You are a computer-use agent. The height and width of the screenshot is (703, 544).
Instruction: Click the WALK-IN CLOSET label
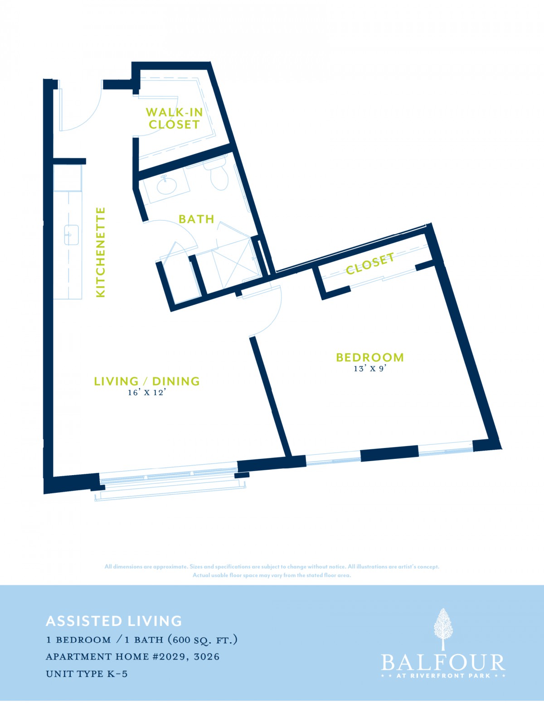tap(174, 118)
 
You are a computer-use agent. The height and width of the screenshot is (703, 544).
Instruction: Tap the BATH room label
tap(196, 219)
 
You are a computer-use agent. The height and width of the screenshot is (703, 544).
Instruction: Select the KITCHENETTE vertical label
tap(101, 252)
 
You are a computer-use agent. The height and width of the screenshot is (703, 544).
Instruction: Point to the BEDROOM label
tap(370, 357)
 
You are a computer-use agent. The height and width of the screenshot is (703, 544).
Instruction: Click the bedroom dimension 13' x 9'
tap(370, 369)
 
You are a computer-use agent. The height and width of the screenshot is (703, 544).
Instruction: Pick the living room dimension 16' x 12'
tap(149, 393)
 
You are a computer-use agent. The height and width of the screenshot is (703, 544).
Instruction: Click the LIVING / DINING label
tap(147, 381)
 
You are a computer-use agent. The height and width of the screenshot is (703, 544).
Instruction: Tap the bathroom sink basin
tap(167, 185)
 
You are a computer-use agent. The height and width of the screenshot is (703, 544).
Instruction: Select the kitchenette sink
tap(71, 235)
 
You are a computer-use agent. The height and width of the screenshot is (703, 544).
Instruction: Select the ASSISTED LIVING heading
tap(114, 621)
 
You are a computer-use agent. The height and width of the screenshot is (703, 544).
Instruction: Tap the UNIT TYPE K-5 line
tap(87, 673)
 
